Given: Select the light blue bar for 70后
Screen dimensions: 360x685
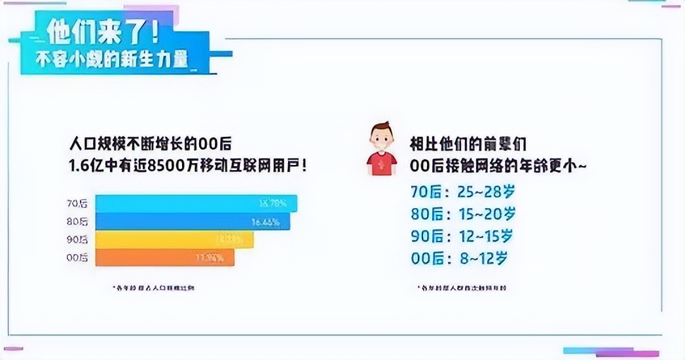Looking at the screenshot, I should point(196,204).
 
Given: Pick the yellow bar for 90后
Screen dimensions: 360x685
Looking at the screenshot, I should point(174,240).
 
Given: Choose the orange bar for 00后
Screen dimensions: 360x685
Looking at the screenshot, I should point(164,257).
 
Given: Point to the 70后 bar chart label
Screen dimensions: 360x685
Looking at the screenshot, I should point(78,204).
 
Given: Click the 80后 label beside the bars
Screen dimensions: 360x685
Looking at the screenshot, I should point(78,222).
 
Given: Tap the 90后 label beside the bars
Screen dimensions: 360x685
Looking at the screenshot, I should point(78,240).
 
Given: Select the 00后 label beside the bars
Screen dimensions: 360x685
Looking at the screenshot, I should point(78,257).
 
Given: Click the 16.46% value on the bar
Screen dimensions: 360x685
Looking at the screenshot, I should point(266,222).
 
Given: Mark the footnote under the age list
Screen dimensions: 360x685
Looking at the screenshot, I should point(462,287).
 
